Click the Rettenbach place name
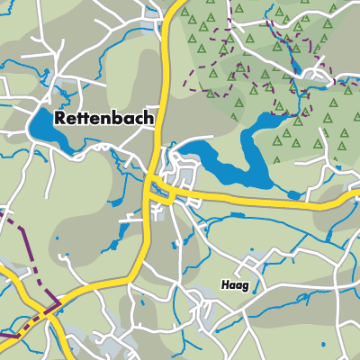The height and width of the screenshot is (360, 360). pos(103,117)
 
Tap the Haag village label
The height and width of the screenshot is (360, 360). pos(234,284)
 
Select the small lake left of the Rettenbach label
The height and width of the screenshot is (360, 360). pos(45,126)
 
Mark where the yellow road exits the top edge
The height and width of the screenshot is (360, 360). pos(172,3)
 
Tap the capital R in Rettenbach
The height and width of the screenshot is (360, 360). pos(60,117)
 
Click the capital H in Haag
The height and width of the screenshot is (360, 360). pos(223,284)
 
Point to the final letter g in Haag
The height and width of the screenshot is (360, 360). pos(245,286)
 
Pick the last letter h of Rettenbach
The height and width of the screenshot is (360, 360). pos(148,117)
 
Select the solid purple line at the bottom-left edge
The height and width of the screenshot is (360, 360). pos(9,336)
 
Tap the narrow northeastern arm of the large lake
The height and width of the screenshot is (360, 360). pos(270,121)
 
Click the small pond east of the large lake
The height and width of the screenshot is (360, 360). pos(293,193)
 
